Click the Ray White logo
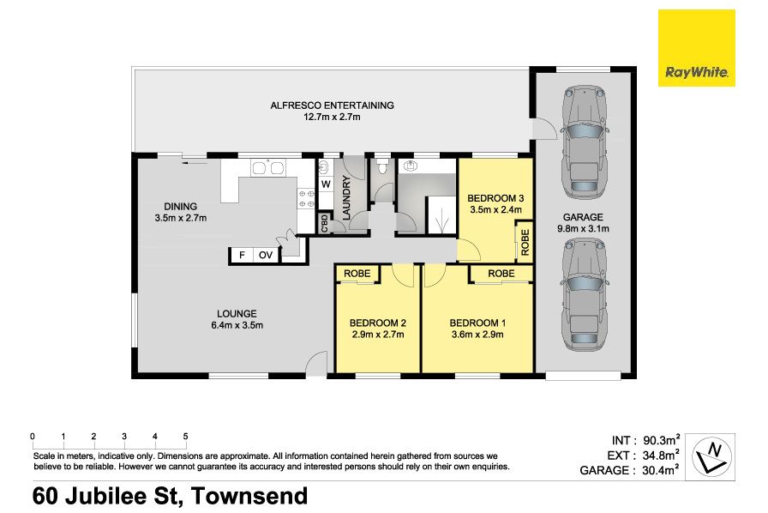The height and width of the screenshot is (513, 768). [696, 48]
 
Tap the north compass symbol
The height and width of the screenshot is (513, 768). [711, 456]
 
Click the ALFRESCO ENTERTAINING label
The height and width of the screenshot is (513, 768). [332, 105]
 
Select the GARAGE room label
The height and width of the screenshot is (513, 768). [583, 217]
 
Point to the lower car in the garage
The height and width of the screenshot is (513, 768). [584, 294]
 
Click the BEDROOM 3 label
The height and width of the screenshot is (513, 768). [495, 198]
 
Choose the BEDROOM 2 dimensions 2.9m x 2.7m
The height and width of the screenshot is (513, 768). [378, 335]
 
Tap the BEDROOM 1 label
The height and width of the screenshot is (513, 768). [477, 323]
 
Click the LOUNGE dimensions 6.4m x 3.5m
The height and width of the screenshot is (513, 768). [237, 325]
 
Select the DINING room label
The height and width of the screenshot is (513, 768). [181, 207]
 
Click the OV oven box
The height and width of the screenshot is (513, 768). [266, 255]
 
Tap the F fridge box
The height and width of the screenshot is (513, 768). [242, 255]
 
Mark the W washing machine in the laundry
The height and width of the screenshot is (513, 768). [326, 184]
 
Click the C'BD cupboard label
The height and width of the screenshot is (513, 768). [324, 224]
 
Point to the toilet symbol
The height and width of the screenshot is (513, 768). [382, 166]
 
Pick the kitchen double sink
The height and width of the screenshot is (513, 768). [267, 168]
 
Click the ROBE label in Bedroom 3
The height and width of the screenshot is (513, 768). [525, 242]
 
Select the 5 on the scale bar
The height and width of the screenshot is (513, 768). [186, 436]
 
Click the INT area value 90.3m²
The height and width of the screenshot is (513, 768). [661, 440]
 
